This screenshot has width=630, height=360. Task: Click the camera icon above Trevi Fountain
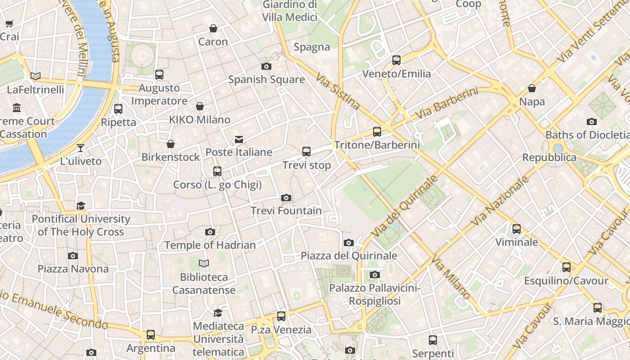[x=286, y=198]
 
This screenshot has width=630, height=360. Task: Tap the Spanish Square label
[x=266, y=80]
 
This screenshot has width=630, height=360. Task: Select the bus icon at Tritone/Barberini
[x=377, y=132]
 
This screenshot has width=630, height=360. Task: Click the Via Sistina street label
[x=337, y=92]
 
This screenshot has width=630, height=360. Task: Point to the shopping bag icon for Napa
[x=532, y=88]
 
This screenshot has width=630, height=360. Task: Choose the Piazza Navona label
[x=73, y=269]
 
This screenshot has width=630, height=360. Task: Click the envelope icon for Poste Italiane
[x=239, y=139]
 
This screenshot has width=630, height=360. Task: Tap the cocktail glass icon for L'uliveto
[x=81, y=148]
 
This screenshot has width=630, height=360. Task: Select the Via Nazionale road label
[x=500, y=201]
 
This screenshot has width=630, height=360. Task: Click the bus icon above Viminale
[x=517, y=229]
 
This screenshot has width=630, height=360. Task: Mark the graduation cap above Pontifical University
[x=81, y=206]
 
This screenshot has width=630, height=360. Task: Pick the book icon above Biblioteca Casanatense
[x=204, y=264]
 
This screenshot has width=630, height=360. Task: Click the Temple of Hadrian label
[x=210, y=245]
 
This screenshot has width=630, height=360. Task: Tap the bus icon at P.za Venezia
[x=281, y=316]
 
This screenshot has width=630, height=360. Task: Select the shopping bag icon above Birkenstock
[x=171, y=144]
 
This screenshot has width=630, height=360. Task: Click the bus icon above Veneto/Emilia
[x=396, y=60]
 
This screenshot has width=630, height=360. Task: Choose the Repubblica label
[x=549, y=157]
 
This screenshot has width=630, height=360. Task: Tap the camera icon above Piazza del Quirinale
[x=349, y=243]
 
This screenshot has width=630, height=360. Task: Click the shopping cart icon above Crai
[x=9, y=24]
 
